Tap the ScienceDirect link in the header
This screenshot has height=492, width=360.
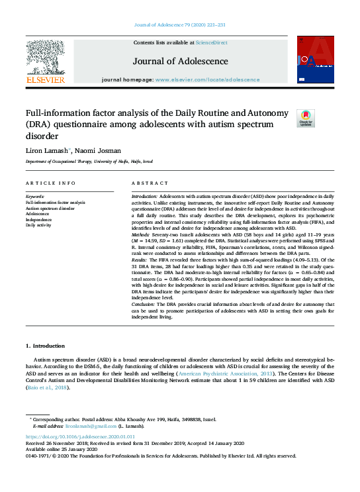click(x=211, y=42)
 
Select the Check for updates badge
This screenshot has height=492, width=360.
click(x=306, y=118)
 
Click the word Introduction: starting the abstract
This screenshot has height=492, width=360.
click(x=144, y=197)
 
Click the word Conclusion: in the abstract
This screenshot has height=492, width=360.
click(x=144, y=304)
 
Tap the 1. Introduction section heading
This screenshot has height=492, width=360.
click(x=45, y=346)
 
